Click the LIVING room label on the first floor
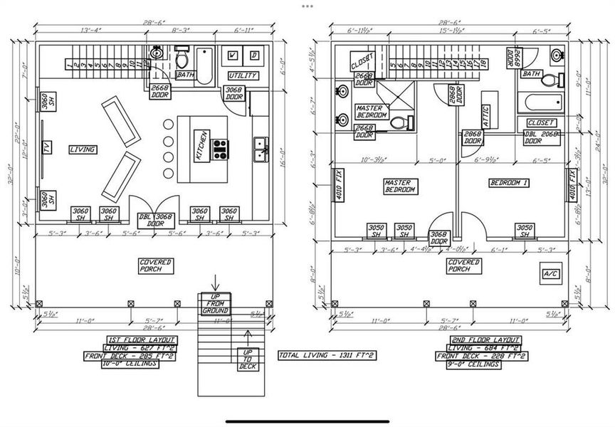coord(83,149)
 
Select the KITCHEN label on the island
coord(201,146)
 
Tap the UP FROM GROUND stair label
coord(214,303)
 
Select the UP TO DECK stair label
coord(248,359)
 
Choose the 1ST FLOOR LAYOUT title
coord(141,339)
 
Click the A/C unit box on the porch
coord(550,273)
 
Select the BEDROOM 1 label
coord(509,183)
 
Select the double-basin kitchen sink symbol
coord(260,148)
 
